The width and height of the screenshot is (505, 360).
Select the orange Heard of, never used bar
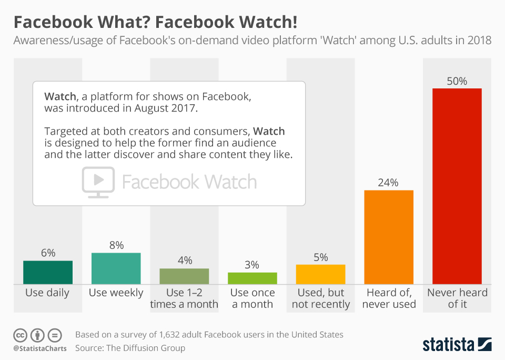tap(389, 237)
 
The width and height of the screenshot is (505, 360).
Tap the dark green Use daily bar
tap(48, 272)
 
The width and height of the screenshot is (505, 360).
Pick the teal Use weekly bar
tap(116, 268)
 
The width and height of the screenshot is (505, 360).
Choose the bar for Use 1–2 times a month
tap(184, 276)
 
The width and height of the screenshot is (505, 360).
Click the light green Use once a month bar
tap(252, 278)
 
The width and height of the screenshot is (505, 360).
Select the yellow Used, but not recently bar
tap(320, 274)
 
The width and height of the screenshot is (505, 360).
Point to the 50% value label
tap(457, 81)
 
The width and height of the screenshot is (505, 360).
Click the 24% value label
tap(389, 183)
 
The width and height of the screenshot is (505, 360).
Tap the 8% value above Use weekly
tap(116, 245)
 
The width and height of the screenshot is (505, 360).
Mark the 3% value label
tap(252, 265)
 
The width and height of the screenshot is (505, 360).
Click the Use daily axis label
tap(47, 293)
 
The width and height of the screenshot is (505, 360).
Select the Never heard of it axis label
tap(457, 298)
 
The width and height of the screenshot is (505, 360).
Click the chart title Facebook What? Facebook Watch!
tap(155, 23)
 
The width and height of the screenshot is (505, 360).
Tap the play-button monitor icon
tap(98, 182)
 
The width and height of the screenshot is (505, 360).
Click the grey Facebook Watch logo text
tap(189, 182)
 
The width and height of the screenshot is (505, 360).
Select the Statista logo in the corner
tap(457, 344)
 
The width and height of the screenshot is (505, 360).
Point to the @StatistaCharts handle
tap(40, 348)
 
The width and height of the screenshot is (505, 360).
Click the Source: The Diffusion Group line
tap(130, 348)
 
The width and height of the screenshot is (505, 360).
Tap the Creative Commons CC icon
tap(20, 335)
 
